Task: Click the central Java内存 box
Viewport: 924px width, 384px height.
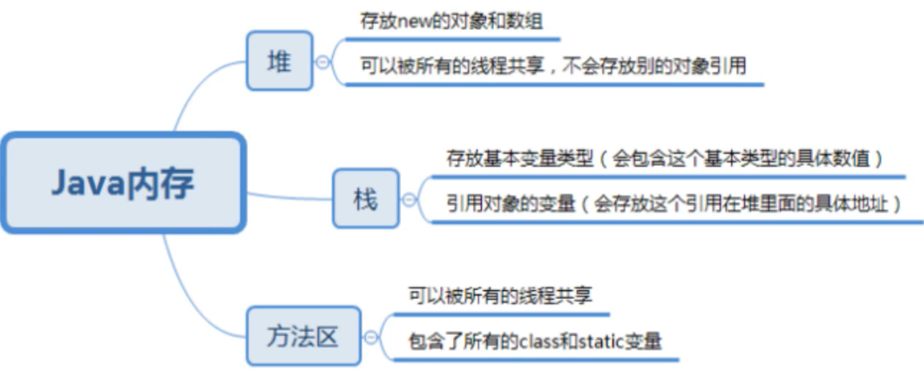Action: [x=122, y=183]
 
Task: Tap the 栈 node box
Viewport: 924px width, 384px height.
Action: [x=365, y=198]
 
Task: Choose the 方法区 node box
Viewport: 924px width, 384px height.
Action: [x=303, y=336]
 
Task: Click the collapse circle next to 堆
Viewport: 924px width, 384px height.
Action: [x=323, y=62]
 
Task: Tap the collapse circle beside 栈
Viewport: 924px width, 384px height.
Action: [x=409, y=199]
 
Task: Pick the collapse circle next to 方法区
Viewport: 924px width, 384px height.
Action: [x=371, y=336]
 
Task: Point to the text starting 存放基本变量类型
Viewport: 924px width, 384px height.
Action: [x=664, y=157]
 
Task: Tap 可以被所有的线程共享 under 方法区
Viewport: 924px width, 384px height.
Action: [x=500, y=295]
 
